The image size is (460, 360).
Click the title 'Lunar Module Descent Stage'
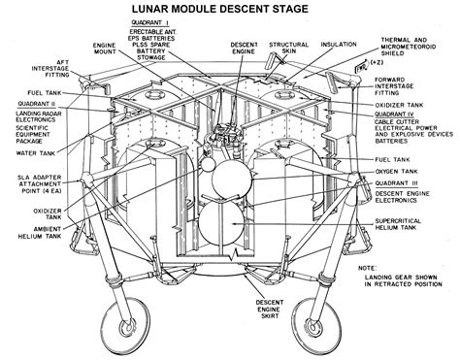[x=231, y=9]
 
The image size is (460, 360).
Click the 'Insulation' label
[x=339, y=44]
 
